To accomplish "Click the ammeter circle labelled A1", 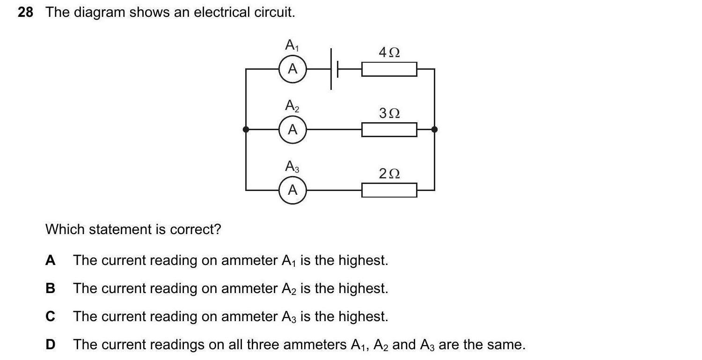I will [x=292, y=69].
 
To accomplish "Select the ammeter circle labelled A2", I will [x=292, y=129].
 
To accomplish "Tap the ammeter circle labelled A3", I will [x=292, y=190].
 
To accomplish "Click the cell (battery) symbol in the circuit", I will [x=334, y=69].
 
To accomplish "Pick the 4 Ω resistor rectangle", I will [x=389, y=69].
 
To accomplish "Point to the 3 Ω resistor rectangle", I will [x=389, y=130].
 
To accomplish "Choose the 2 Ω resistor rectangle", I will [x=389, y=190].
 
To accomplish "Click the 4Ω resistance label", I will [x=389, y=52].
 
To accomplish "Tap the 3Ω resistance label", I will [x=389, y=113].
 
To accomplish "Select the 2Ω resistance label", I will [x=389, y=174].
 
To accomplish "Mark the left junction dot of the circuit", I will [x=246, y=129].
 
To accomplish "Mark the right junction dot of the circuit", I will [x=434, y=129].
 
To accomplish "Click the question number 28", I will [x=26, y=13].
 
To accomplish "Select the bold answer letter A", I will [x=50, y=260].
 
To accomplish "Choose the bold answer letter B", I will [x=50, y=288].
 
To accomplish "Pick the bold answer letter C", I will [x=50, y=316].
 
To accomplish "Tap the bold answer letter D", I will [x=50, y=345].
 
